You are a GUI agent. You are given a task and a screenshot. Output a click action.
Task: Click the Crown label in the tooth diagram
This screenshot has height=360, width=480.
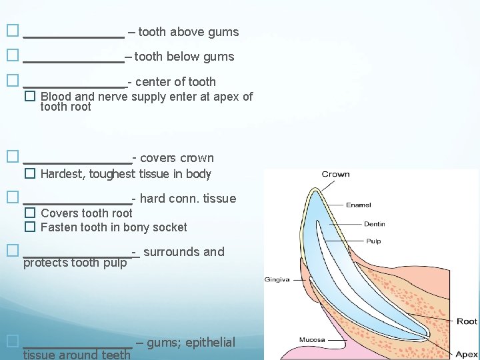coord(335,175)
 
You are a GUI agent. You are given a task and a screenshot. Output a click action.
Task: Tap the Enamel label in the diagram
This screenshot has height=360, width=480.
coord(359,205)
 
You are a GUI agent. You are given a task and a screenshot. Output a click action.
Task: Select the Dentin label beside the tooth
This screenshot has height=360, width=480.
coord(374,224)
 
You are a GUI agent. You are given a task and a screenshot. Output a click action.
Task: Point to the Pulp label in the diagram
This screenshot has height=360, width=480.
coord(373,241)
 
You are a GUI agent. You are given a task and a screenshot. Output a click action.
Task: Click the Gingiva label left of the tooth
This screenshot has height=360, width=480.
coord(277,279)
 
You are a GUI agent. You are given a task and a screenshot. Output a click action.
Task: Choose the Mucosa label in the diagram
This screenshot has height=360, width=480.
coord(312,340)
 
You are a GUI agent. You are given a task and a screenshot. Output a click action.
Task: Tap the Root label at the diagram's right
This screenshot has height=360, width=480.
coord(467,321)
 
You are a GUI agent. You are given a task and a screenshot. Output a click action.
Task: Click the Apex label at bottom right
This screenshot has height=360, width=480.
coord(467,355)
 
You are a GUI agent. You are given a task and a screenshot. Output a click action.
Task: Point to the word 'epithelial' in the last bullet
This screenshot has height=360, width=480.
coord(210,343)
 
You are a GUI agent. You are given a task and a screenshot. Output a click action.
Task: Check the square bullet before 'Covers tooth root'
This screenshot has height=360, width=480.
coord(29,213)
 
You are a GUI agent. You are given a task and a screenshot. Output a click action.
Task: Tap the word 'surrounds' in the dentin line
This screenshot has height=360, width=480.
coord(171,252)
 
